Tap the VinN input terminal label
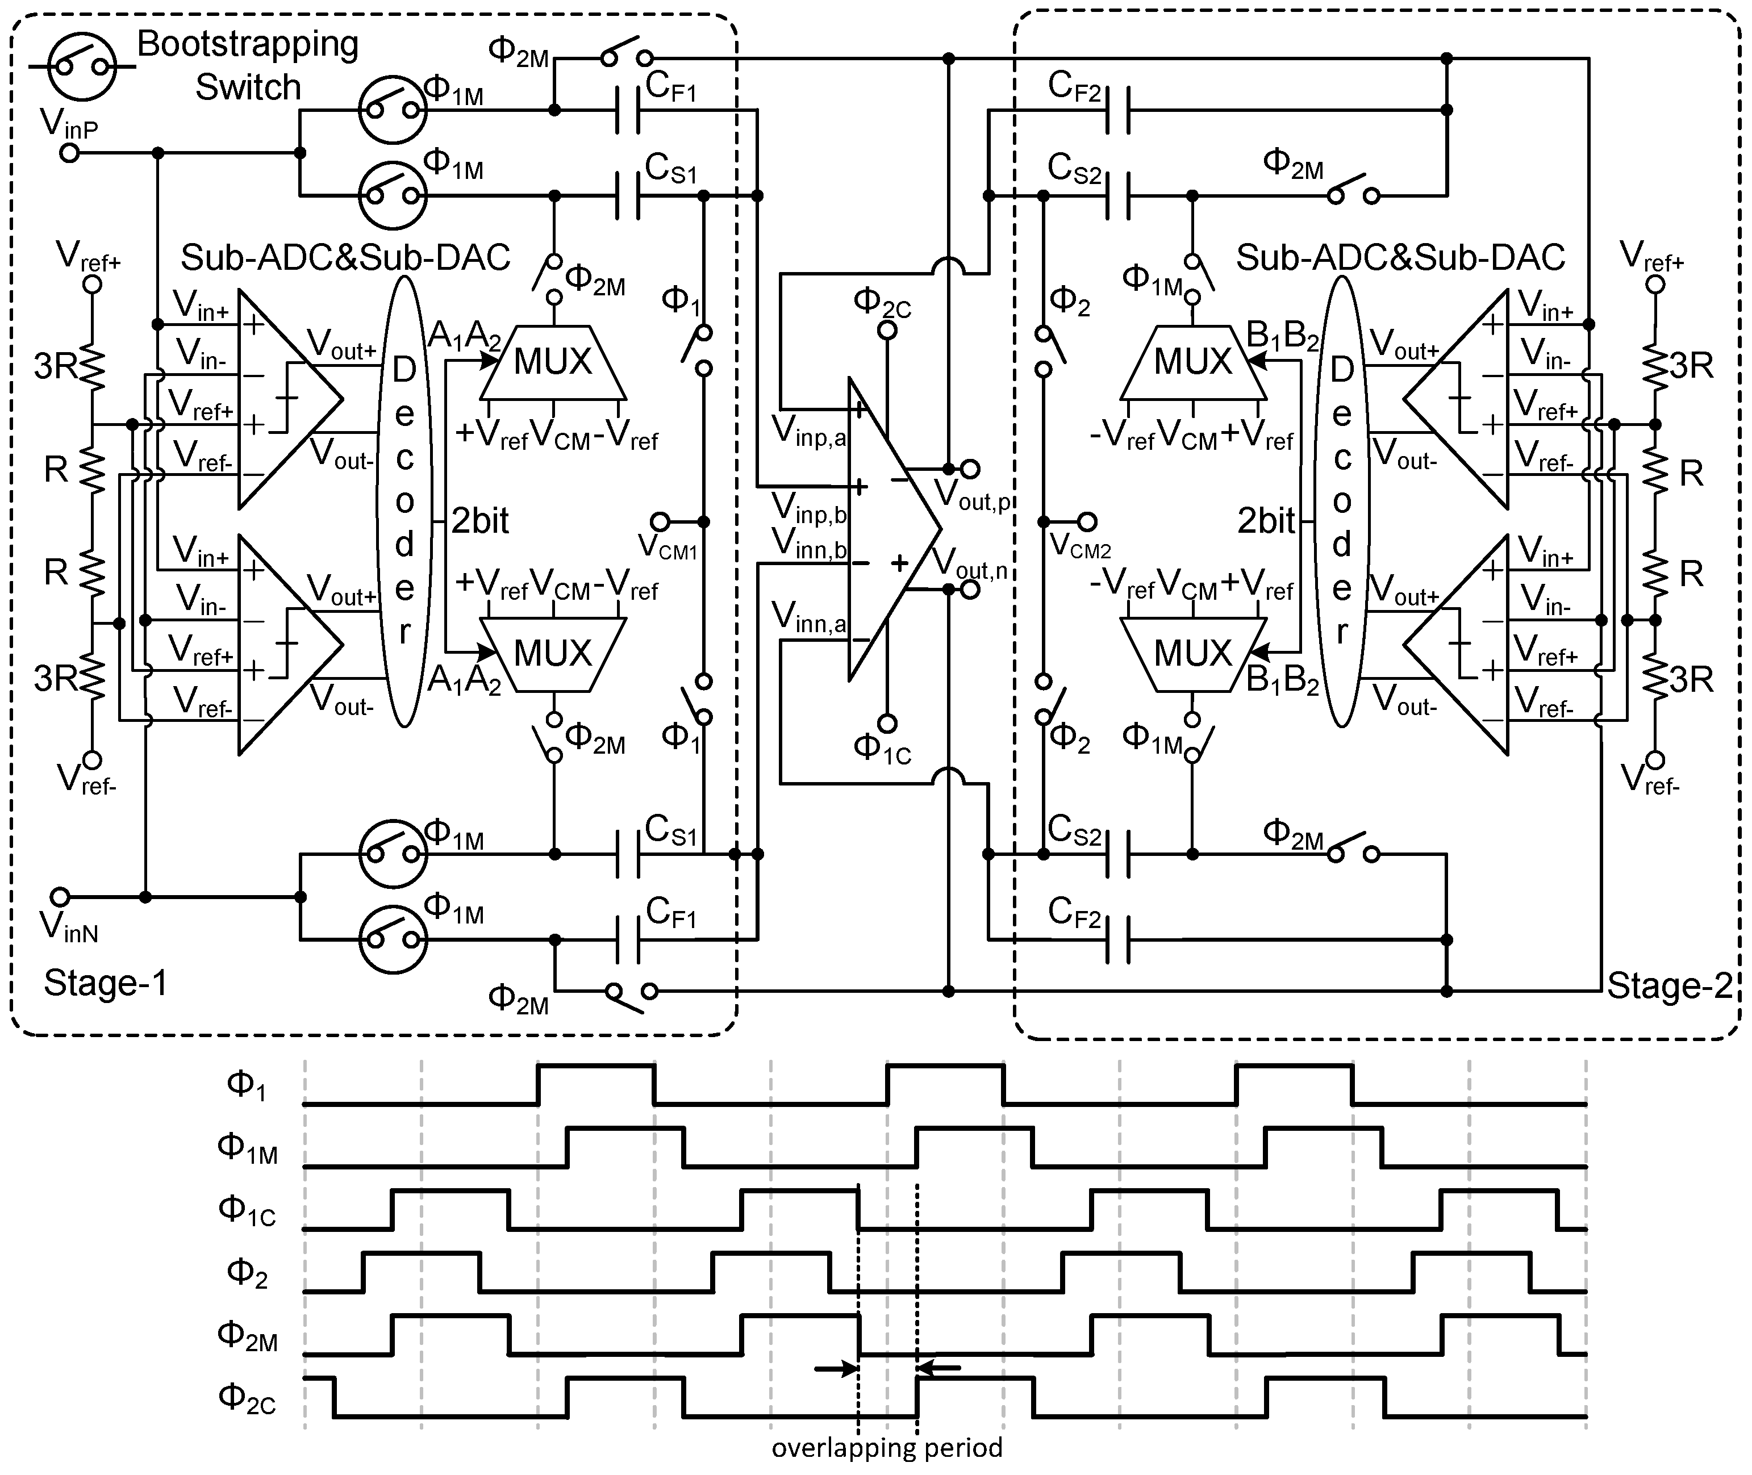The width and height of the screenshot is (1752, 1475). click(x=69, y=928)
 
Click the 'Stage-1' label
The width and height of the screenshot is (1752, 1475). click(x=105, y=983)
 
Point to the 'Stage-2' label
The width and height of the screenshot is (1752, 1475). click(x=1669, y=986)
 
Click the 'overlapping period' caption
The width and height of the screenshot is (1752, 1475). click(x=886, y=1447)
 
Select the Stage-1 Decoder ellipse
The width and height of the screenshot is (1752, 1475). click(x=404, y=502)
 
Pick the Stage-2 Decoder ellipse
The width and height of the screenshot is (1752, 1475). click(x=1341, y=502)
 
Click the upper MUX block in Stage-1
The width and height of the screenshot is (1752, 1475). click(x=553, y=362)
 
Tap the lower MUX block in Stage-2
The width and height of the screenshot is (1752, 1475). click(x=1192, y=653)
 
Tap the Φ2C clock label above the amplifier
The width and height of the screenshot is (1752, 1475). click(x=882, y=303)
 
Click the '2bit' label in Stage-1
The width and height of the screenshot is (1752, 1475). click(x=480, y=521)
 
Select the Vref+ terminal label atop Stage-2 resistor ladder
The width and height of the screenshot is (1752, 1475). click(x=1651, y=256)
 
